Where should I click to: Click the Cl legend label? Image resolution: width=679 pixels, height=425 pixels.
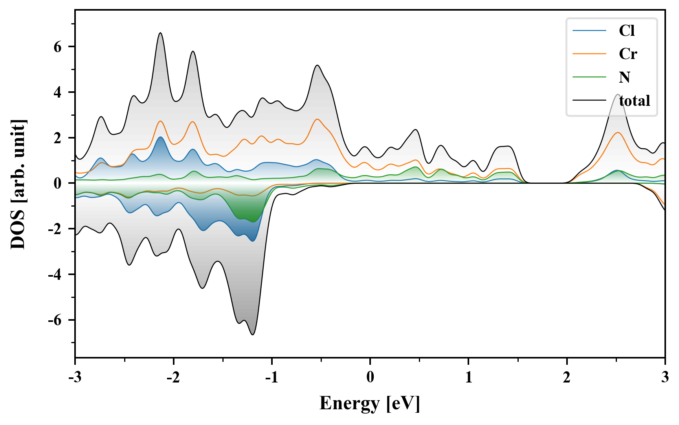627,31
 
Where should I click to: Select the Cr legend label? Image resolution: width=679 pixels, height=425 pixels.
628,54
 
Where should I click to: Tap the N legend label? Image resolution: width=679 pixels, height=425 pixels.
624,77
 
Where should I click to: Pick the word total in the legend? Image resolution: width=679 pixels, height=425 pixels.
634,101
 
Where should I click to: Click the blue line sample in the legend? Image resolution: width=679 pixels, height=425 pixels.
589,31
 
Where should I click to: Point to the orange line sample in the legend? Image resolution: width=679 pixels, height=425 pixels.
589,54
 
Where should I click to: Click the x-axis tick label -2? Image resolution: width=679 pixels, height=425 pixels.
173,377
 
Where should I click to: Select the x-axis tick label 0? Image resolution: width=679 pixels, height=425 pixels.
370,377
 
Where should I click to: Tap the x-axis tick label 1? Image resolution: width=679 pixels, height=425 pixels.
468,377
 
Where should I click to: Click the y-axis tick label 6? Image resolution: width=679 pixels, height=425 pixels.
58,47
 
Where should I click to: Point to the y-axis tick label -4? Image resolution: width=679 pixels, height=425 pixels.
55,275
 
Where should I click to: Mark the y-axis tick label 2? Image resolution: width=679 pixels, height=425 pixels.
58,138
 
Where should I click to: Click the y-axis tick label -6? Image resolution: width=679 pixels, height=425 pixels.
55,320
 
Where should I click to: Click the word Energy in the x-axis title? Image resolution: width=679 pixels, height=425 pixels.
349,403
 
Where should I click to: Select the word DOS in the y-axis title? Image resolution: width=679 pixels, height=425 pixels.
18,233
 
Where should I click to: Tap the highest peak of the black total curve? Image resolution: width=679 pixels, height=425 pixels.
160,33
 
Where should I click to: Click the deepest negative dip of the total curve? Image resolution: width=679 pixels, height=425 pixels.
253,334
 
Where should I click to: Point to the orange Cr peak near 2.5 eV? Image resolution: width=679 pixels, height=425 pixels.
618,133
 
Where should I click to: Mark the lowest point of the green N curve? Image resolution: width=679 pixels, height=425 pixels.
253,222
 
